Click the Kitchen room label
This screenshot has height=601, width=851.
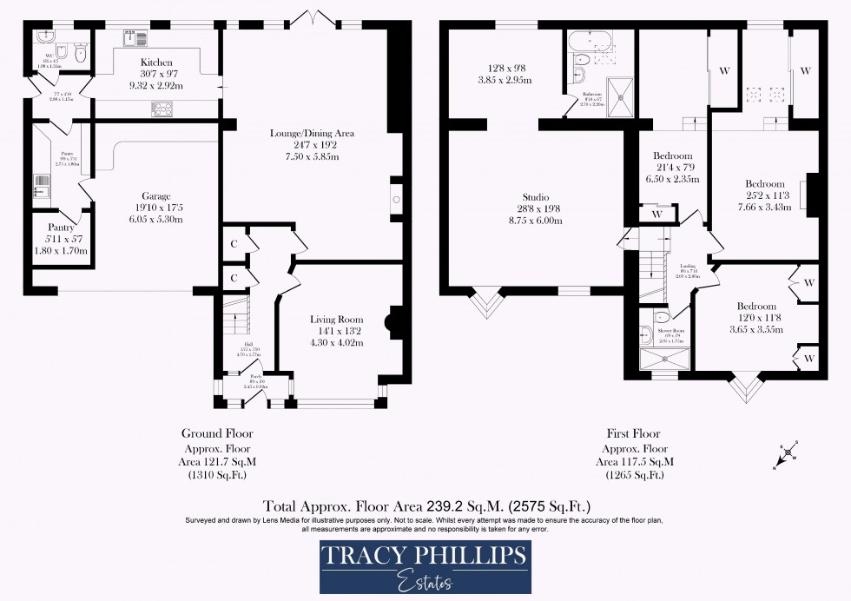pos(156,63)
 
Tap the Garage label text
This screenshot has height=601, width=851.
pos(156,196)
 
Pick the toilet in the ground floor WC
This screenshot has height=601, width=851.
pos(81,52)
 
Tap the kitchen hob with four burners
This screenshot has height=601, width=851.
pos(162,108)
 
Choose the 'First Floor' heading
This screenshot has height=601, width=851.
pos(633,433)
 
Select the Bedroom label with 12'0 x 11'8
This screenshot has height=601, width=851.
pos(756,307)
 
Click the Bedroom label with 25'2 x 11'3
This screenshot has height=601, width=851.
pos(764,184)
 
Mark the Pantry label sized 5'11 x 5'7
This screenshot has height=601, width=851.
pos(61,228)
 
